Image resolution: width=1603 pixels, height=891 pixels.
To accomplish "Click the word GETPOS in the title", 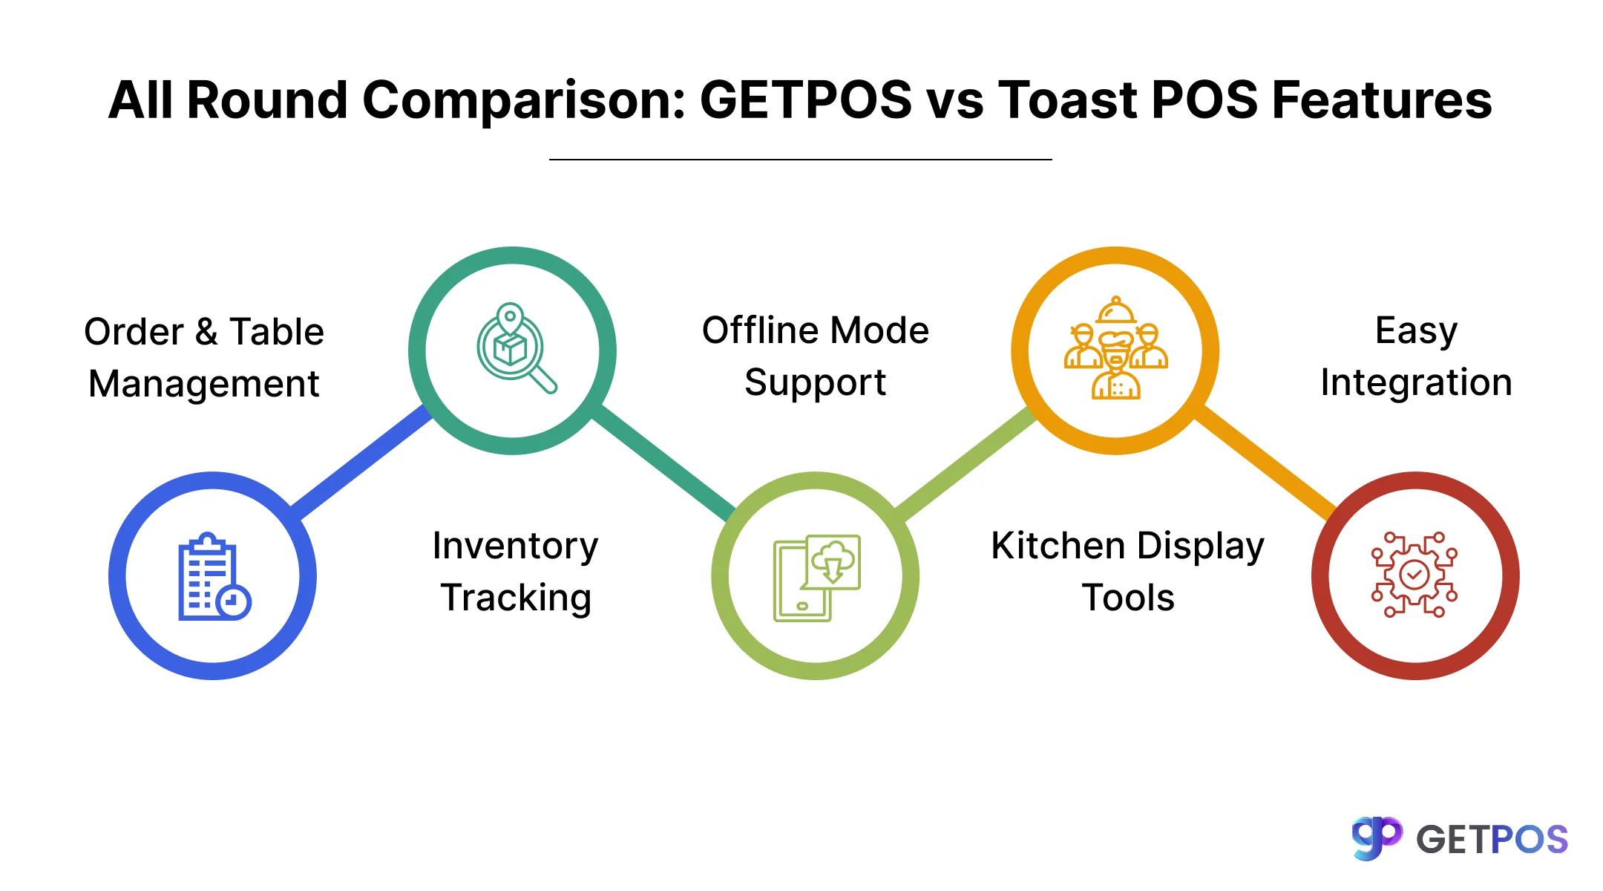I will click(x=805, y=100).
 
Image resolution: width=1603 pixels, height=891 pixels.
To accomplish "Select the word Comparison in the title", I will click(x=523, y=100).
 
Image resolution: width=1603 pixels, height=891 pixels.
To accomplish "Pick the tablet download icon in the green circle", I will click(x=816, y=577).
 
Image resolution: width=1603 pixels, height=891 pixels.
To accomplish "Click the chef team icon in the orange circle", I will click(x=1115, y=349).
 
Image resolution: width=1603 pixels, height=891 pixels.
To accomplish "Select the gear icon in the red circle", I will click(x=1414, y=575).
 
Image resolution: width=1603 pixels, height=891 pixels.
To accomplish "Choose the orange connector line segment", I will click(x=1267, y=462).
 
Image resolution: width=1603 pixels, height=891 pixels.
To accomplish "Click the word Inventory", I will click(x=515, y=546).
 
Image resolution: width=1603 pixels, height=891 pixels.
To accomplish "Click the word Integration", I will click(x=1416, y=383).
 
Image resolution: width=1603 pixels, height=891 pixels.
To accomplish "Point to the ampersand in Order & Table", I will click(x=206, y=332).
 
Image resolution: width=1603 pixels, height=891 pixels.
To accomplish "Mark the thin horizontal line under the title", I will click(x=800, y=159).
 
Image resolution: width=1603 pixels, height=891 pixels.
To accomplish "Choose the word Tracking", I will click(x=516, y=598).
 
